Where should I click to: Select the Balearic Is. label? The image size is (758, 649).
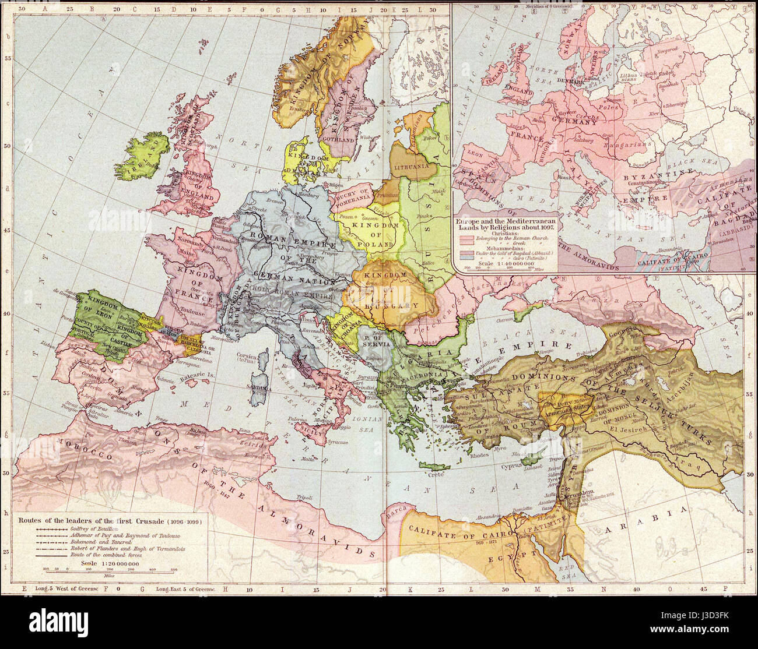[x=198, y=376]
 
